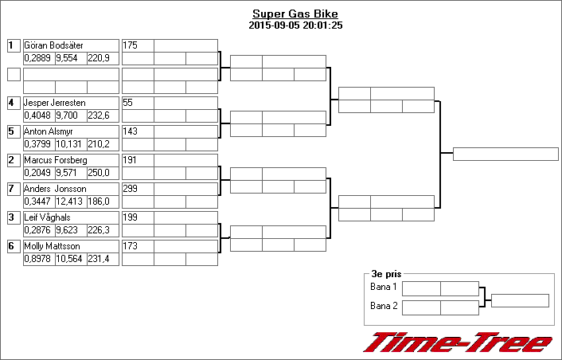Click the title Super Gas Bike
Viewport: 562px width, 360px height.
tap(295, 14)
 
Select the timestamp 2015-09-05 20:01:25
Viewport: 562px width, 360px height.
tap(295, 25)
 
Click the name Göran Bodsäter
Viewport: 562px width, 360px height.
tap(53, 45)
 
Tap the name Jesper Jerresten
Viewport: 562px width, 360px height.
tap(54, 103)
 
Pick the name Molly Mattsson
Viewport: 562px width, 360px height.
tap(52, 246)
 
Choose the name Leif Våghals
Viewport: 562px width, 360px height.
tap(47, 217)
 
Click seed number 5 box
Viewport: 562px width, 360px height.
tap(14, 131)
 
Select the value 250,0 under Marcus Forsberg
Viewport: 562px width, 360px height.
tap(99, 173)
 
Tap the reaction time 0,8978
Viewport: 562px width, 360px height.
tap(37, 259)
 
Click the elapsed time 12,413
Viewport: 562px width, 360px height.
tap(69, 202)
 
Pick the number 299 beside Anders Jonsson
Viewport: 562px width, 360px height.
tap(130, 189)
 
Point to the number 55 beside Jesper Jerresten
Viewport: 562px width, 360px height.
tap(127, 103)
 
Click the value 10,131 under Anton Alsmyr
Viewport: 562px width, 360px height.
tap(69, 144)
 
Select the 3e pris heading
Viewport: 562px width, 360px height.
tap(386, 274)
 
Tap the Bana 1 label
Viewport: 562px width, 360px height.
tap(384, 287)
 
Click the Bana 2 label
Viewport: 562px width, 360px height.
tap(384, 306)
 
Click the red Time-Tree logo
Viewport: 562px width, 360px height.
tap(458, 342)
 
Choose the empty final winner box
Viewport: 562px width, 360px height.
tap(505, 155)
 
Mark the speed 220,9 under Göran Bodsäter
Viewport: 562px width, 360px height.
tap(99, 58)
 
